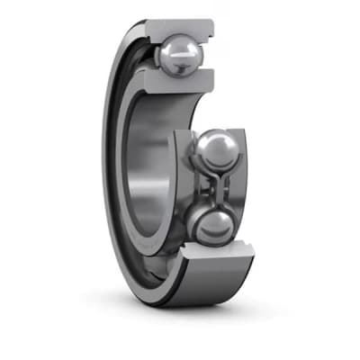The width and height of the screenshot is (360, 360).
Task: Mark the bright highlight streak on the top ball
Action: pos(184,58)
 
